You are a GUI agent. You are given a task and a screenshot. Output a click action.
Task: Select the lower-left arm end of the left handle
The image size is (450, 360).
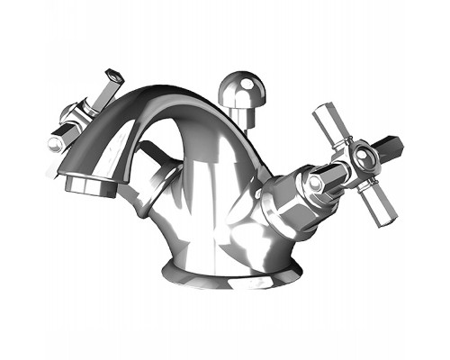pos(57,144)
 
